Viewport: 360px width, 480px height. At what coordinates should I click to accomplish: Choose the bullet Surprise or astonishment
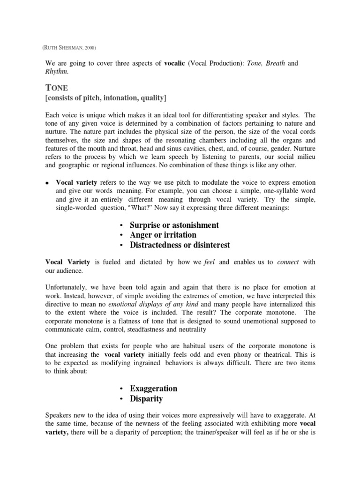tap(174, 225)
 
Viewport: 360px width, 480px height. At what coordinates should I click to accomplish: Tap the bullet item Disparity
tap(146, 398)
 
